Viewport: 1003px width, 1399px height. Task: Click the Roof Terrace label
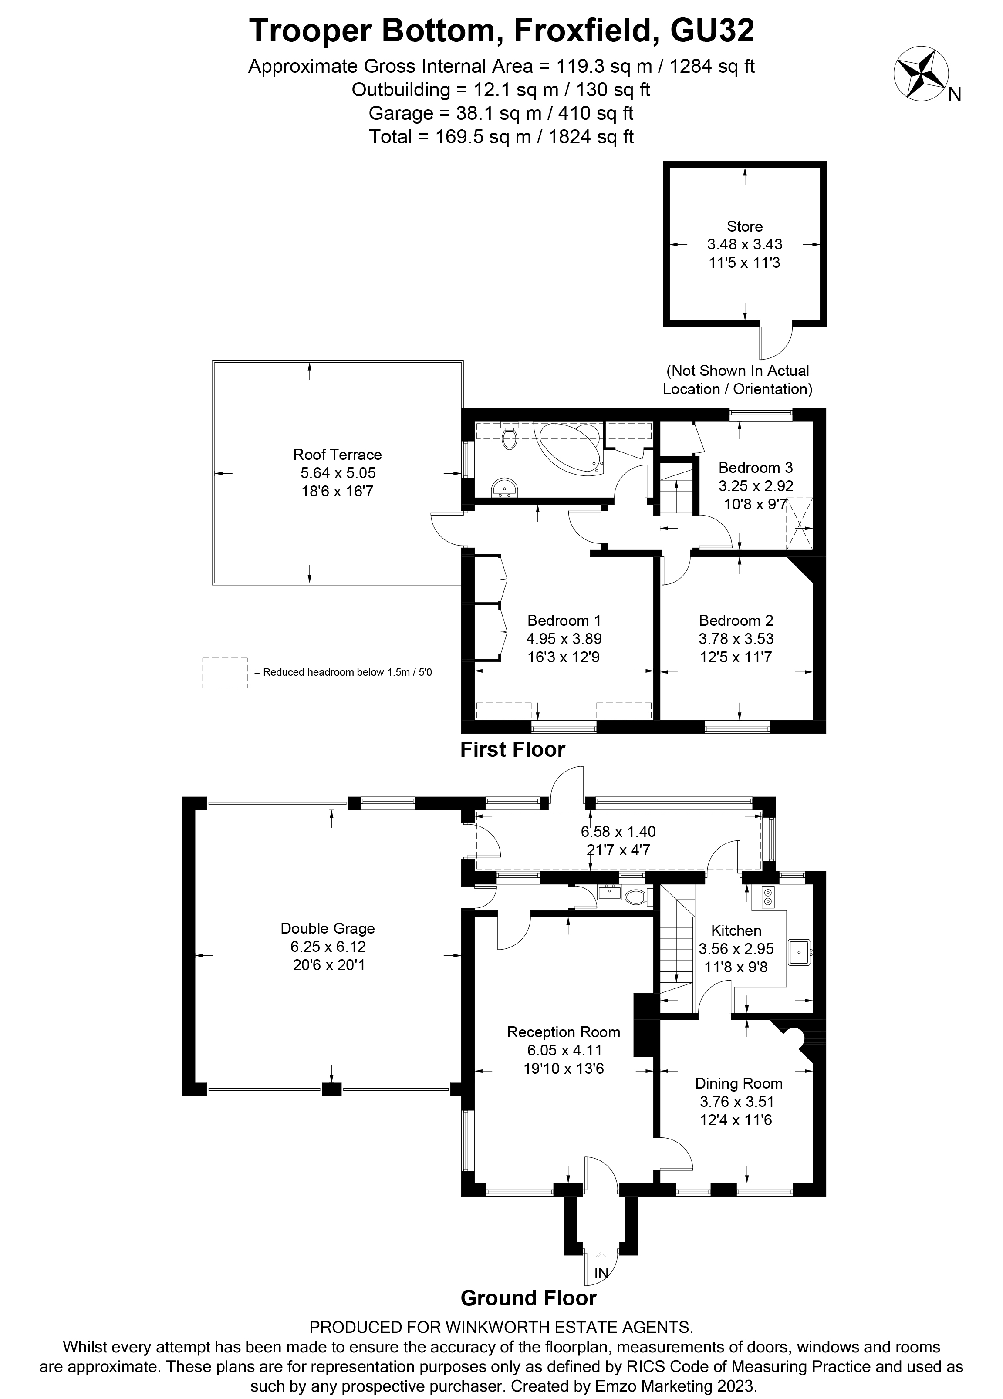pyautogui.click(x=338, y=455)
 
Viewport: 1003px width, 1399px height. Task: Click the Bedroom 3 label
pyautogui.click(x=755, y=468)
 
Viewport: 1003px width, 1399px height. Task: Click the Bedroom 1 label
pyautogui.click(x=564, y=620)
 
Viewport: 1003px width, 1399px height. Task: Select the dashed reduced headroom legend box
pyautogui.click(x=225, y=672)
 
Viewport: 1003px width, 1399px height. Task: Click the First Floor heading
pyautogui.click(x=512, y=749)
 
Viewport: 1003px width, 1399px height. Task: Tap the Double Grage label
pyautogui.click(x=328, y=928)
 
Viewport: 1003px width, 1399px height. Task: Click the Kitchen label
pyautogui.click(x=736, y=931)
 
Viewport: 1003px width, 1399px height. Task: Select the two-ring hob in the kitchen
pyautogui.click(x=768, y=897)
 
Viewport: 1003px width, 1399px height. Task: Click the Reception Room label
pyautogui.click(x=563, y=1032)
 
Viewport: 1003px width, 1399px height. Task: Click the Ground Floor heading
pyautogui.click(x=528, y=1298)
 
